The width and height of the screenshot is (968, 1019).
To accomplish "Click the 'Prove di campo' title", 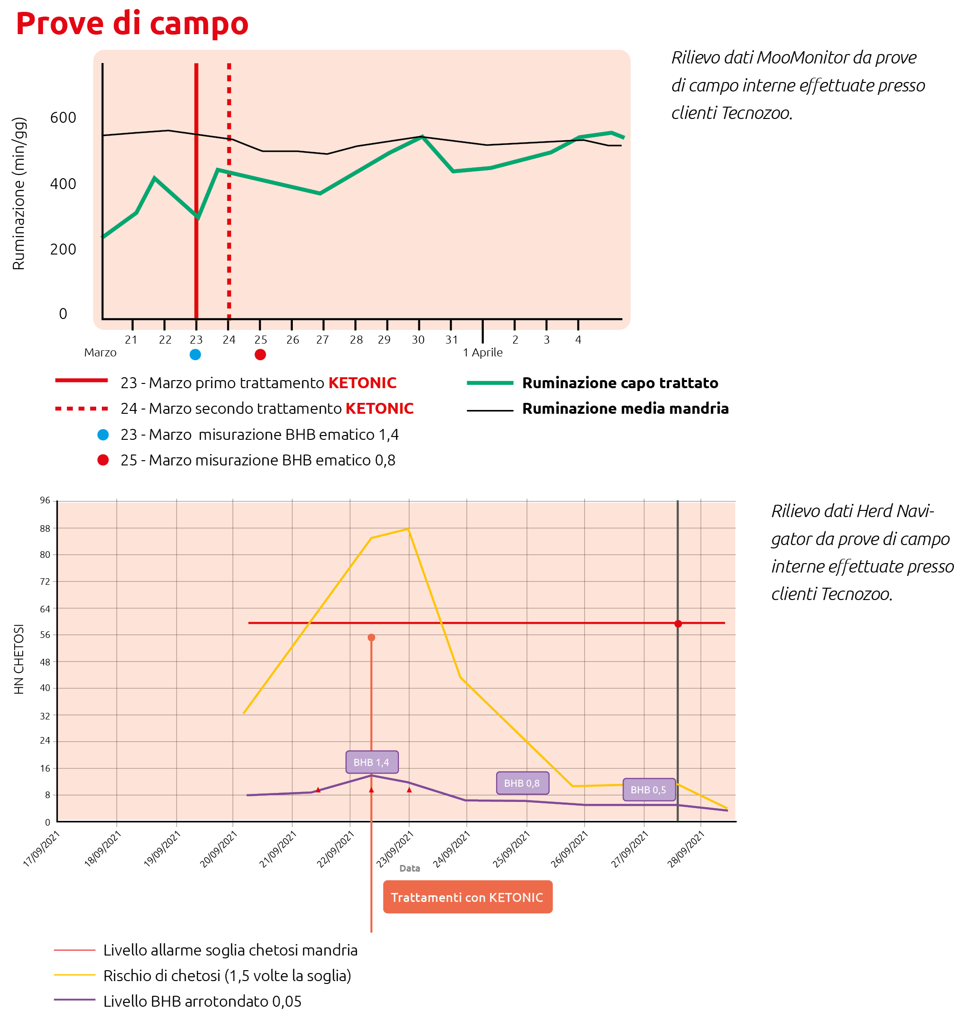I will (132, 24).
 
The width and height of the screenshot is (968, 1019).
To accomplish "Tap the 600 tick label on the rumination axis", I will (63, 118).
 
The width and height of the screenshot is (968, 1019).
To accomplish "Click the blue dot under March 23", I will (195, 355).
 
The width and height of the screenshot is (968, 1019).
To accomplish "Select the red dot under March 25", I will (260, 355).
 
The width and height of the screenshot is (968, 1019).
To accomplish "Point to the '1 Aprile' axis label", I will (482, 353).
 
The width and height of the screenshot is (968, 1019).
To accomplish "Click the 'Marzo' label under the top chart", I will (100, 353).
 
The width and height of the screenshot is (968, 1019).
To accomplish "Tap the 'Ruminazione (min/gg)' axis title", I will (18, 193).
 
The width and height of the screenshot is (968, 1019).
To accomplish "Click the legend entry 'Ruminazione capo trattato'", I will (620, 383).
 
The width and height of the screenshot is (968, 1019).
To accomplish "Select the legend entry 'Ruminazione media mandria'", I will (625, 409).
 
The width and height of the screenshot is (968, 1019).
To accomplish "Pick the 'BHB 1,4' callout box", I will (371, 762).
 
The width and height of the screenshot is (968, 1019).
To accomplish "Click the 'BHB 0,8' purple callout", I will (522, 783).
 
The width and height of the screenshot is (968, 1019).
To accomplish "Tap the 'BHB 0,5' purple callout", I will (648, 790).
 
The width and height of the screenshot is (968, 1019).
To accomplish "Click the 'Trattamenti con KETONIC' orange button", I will (468, 897).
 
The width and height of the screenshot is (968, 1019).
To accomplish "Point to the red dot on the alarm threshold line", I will (678, 624).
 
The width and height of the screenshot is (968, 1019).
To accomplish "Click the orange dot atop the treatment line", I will (371, 637).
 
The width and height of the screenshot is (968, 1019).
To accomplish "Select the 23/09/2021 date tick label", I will (395, 850).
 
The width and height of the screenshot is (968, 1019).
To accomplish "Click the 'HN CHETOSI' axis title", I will (18, 659).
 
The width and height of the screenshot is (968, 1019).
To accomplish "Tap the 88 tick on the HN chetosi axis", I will (45, 528).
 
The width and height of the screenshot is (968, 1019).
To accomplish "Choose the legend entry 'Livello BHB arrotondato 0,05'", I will (202, 1001).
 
